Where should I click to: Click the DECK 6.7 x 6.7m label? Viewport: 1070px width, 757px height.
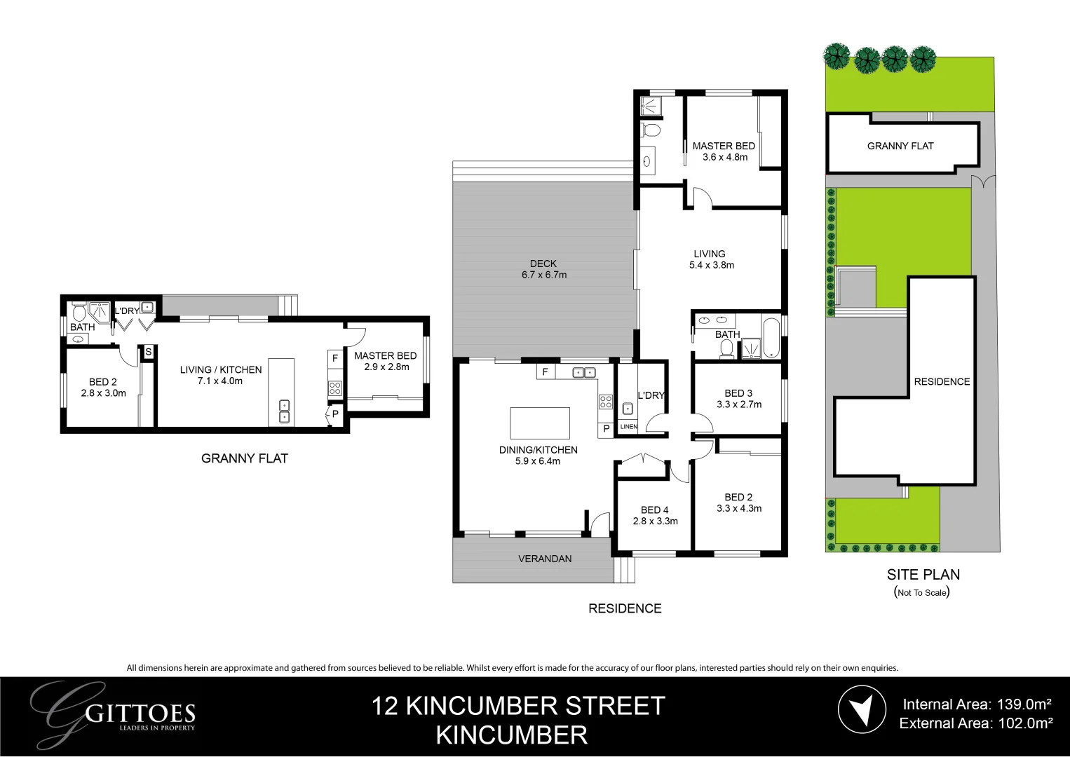pos(543,269)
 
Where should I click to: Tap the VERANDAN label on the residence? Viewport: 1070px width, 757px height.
pos(545,559)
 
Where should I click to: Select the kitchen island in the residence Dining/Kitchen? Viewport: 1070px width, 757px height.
pos(540,423)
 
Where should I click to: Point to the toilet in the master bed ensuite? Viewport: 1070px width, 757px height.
pos(651,130)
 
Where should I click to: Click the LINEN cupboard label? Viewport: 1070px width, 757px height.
pos(629,427)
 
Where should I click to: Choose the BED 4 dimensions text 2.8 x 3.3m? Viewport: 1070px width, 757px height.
pos(655,521)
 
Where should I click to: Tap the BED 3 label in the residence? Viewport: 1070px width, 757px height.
pos(738,393)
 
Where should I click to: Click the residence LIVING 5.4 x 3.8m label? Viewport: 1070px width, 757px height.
pos(710,259)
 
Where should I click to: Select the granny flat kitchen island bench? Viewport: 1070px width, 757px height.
pos(281,392)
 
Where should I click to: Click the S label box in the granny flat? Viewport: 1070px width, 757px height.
pos(148,352)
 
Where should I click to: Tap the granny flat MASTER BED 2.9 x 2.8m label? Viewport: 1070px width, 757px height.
pos(386,361)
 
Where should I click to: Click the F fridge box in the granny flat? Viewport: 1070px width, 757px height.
pos(335,358)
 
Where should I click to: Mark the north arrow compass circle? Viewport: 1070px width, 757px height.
pos(862,710)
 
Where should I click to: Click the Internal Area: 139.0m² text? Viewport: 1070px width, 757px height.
pos(977,704)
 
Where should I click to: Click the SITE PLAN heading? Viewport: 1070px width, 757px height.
pos(923,575)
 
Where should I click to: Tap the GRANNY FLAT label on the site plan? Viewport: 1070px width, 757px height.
pos(900,146)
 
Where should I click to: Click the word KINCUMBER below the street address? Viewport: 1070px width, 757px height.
pos(512,735)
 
